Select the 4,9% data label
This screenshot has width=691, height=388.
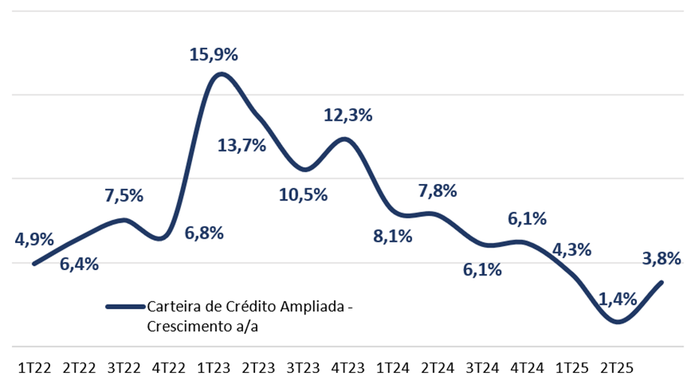point(34,240)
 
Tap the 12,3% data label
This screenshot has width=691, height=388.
point(348,116)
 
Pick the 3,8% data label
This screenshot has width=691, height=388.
point(662,259)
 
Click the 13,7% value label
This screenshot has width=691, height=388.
point(242,146)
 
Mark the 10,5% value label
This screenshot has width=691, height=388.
point(303,195)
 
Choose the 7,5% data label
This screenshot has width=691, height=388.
point(124,196)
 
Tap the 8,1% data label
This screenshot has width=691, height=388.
point(393,236)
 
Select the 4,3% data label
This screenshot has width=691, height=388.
point(572,250)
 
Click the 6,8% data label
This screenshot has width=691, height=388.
point(204,233)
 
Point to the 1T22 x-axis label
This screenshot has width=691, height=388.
point(34,368)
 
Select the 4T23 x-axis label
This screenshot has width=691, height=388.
point(347,368)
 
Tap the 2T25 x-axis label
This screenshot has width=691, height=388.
point(617,368)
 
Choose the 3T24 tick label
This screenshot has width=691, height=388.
point(482,368)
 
